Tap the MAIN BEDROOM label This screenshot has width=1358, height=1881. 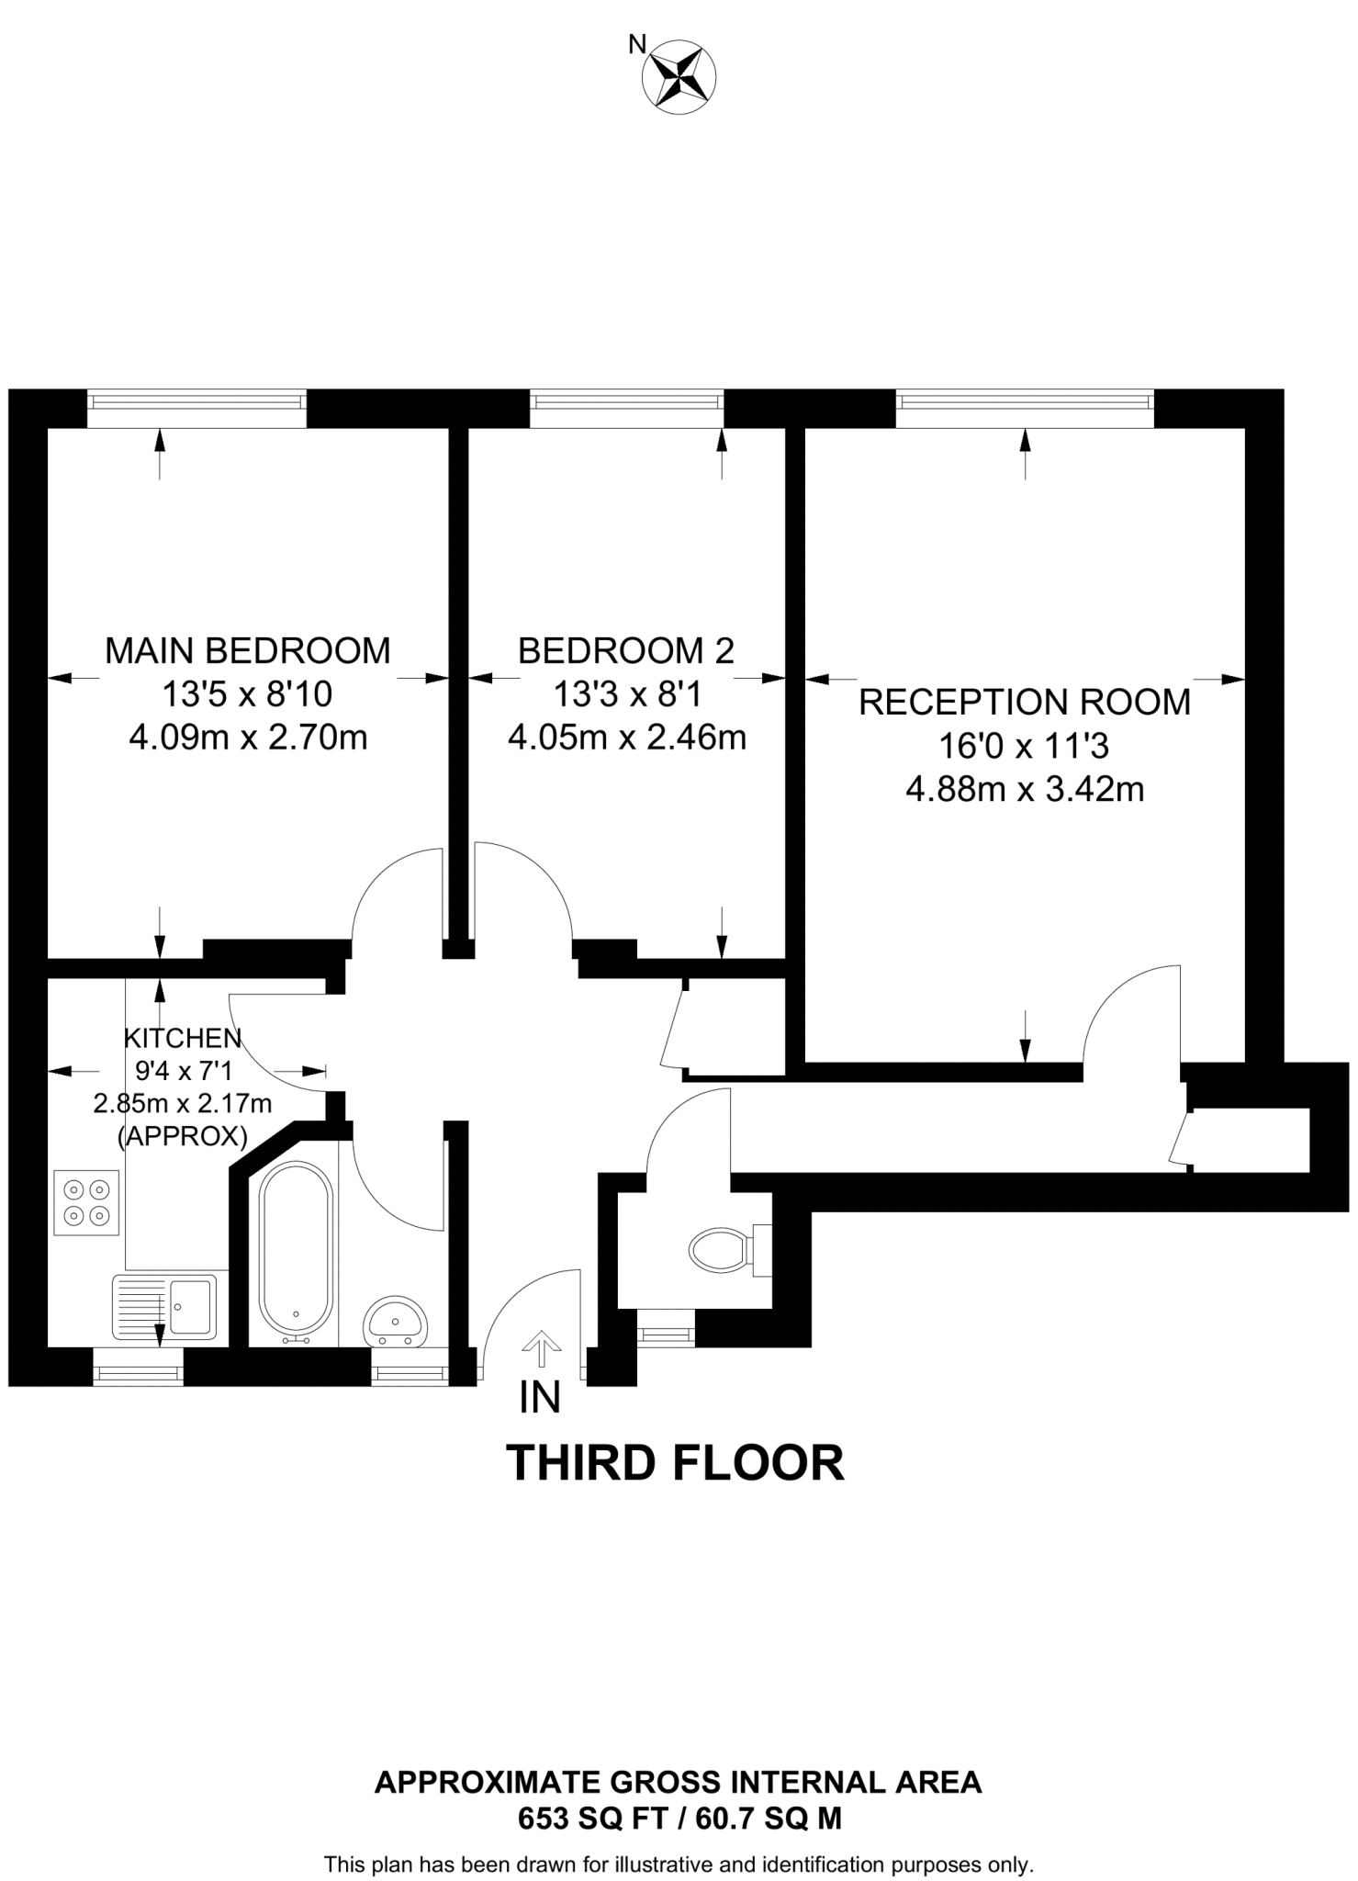[x=247, y=650]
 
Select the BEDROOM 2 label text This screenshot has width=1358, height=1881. [x=625, y=650]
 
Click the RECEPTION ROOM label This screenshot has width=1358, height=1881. [x=1024, y=702]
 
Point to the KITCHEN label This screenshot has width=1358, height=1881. [x=183, y=1039]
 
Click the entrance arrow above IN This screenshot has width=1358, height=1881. [x=541, y=1348]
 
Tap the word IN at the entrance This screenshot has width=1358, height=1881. [x=540, y=1398]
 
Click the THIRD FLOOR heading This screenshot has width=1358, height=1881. [x=675, y=1464]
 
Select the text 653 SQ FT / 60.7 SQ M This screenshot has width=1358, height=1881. [x=679, y=1819]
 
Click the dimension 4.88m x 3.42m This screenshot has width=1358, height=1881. [x=1025, y=789]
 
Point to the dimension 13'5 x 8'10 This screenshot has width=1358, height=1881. [x=247, y=694]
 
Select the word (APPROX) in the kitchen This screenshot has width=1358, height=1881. [x=183, y=1136]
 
